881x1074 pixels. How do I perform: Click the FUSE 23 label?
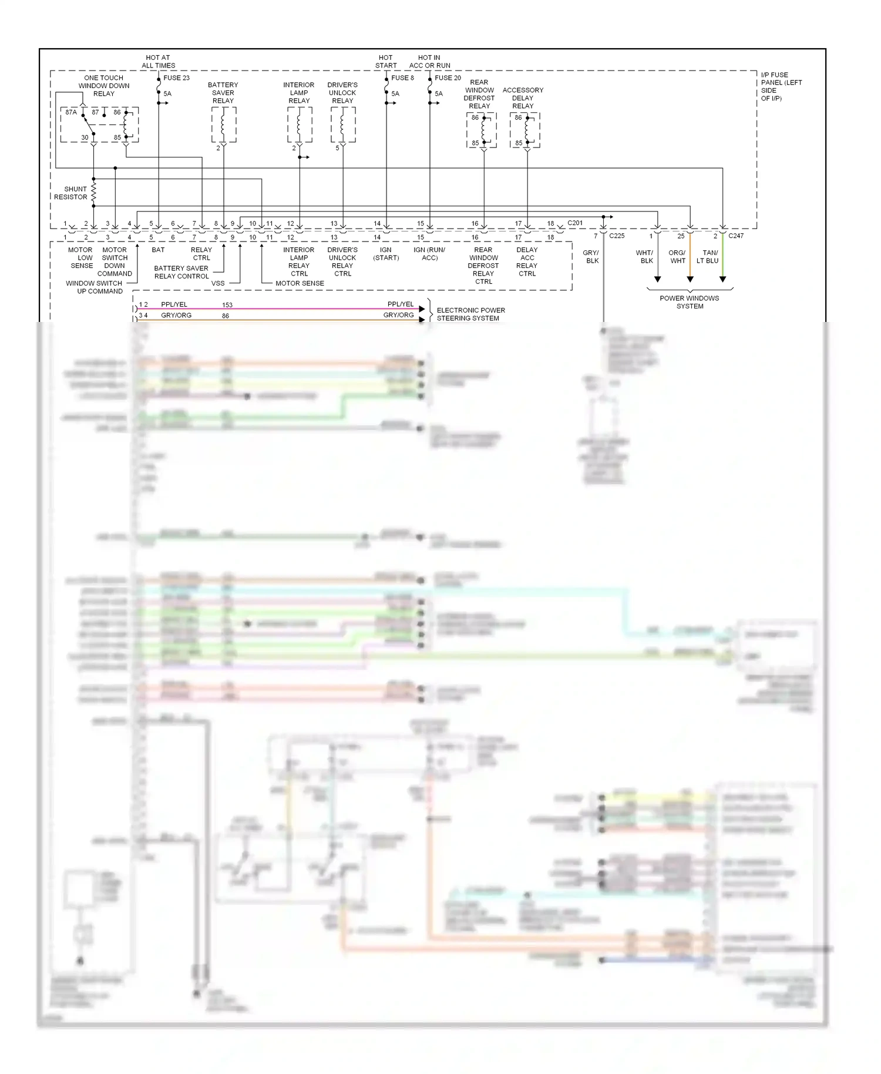[176, 78]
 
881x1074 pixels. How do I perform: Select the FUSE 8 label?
[402, 78]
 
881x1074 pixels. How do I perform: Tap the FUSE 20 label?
[448, 78]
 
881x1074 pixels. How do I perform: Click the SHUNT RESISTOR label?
[70, 193]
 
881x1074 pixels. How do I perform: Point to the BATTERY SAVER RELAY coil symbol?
[224, 125]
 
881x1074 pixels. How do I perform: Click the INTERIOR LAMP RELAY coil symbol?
[300, 125]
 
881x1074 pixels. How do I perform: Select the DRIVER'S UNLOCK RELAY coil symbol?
[343, 125]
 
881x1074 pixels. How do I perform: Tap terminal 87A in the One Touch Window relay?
[71, 112]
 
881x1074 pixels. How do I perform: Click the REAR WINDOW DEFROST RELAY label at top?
[479, 94]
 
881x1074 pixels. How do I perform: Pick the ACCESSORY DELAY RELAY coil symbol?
[527, 130]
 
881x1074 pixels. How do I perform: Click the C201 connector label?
[575, 223]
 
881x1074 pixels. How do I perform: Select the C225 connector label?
[617, 236]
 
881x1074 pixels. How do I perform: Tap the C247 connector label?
[736, 236]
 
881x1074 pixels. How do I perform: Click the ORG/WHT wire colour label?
[677, 257]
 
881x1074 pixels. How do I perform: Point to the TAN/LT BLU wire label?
[708, 257]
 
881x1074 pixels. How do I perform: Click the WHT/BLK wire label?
[645, 257]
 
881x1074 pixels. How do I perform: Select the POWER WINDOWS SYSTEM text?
[690, 302]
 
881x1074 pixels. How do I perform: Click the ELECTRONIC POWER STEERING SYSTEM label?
[470, 314]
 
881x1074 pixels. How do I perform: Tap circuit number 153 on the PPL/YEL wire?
[227, 305]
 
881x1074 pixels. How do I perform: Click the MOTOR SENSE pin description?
[300, 283]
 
